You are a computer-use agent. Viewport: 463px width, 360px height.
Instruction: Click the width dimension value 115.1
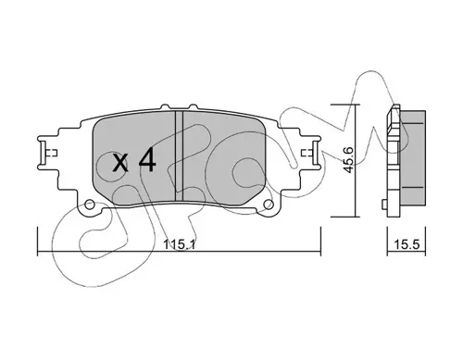pos(179,244)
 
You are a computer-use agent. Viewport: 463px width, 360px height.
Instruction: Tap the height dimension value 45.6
pos(349,160)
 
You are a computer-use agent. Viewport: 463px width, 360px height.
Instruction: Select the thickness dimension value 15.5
pos(407,244)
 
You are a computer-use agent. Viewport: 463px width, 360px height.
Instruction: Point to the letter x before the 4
pos(119,163)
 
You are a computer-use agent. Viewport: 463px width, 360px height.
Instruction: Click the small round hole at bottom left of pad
pos(90,204)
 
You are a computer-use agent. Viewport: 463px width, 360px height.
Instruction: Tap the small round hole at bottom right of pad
pos(269,204)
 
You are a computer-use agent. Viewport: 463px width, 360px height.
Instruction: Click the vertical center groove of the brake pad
pos(179,156)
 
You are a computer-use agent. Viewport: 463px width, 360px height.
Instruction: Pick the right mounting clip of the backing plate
pos(315,153)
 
